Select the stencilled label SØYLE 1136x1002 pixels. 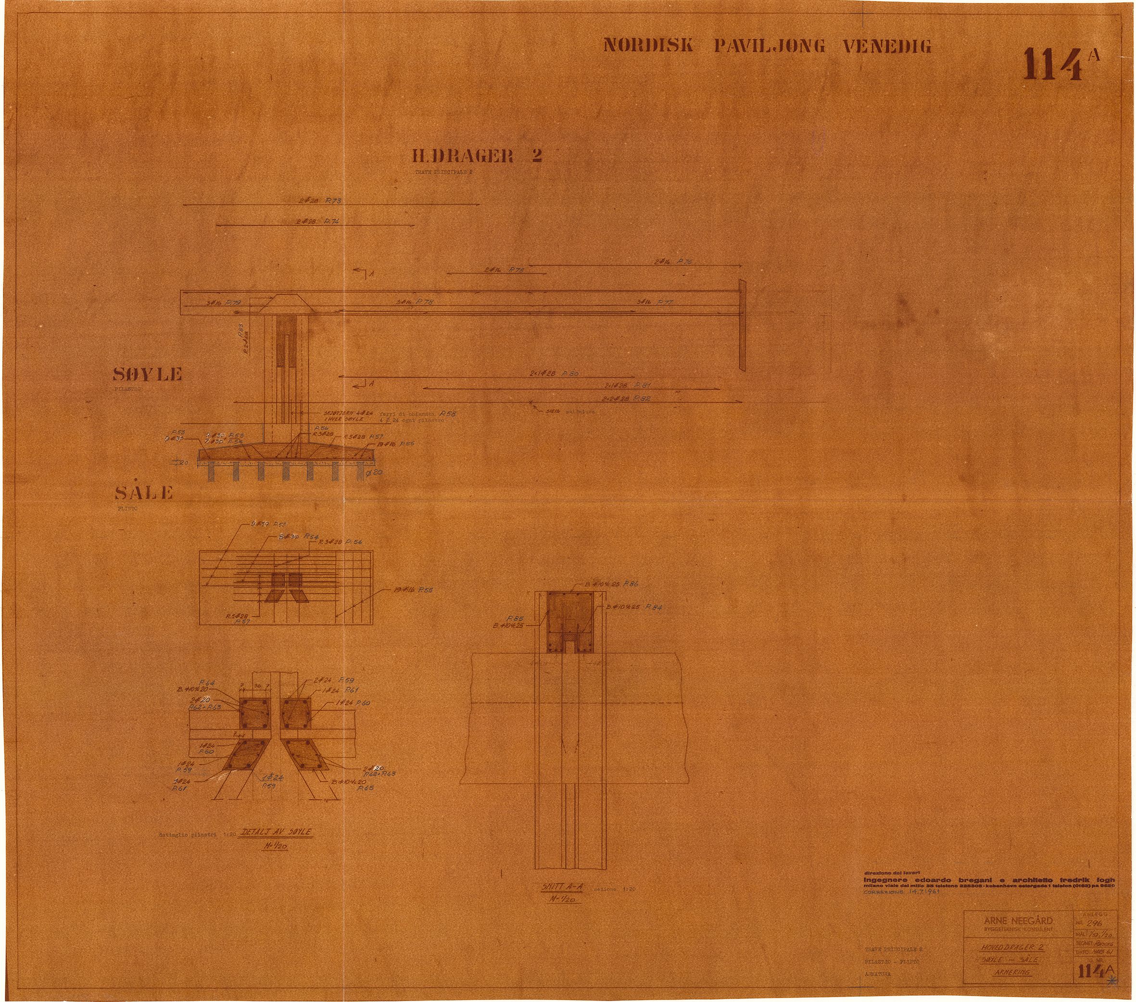click(147, 375)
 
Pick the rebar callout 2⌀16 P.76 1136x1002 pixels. click(672, 261)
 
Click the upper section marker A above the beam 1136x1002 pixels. click(371, 274)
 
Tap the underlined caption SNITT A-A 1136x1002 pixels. click(562, 887)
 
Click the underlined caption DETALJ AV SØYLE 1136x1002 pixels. click(276, 832)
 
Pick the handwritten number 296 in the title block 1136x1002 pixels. click(1093, 923)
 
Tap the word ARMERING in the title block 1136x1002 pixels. click(1011, 972)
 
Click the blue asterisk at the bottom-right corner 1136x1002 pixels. click(1111, 981)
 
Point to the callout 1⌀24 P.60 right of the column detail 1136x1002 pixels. click(353, 703)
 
